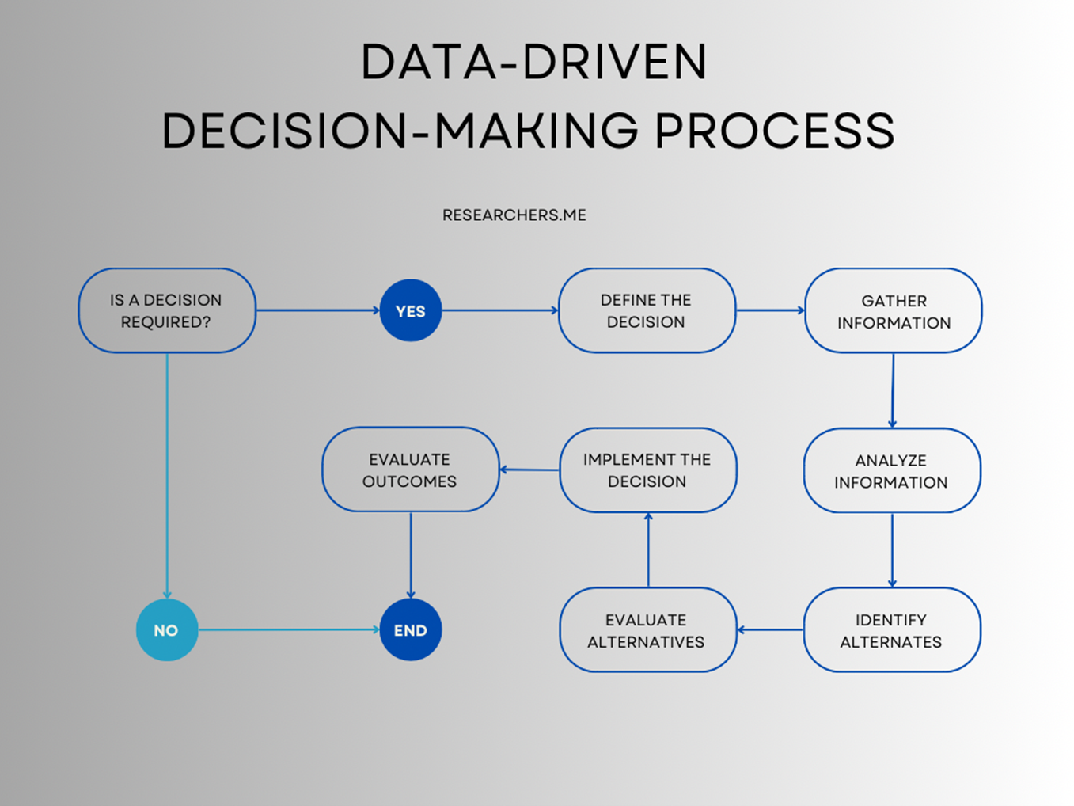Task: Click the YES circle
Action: [410, 310]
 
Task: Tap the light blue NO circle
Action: [166, 630]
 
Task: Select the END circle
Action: [410, 630]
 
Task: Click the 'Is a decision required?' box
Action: [166, 310]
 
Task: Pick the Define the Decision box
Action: [647, 310]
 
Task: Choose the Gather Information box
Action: [893, 310]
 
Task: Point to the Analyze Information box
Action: [892, 470]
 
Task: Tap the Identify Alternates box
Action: [892, 630]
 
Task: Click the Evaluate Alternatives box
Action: [647, 630]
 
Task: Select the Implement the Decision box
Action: [647, 470]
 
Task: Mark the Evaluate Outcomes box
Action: [410, 470]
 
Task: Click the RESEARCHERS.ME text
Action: [514, 215]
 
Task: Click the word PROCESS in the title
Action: [774, 131]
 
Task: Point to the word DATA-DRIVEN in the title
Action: [533, 63]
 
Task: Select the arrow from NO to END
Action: [289, 630]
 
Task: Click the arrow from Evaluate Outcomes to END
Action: [410, 554]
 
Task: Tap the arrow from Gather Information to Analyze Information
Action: [893, 390]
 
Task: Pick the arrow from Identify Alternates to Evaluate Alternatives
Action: [770, 630]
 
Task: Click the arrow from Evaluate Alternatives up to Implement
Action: [648, 550]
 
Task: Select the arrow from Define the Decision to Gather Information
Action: [770, 310]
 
